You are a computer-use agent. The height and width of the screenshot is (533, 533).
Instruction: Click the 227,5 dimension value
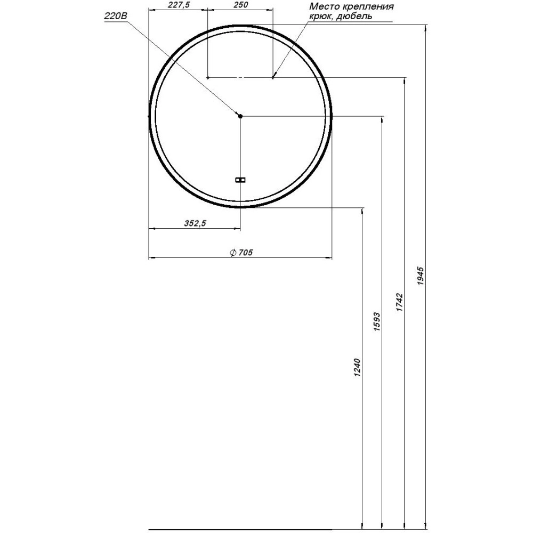pyautogui.click(x=179, y=5)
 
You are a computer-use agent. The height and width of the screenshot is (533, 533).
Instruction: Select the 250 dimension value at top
pyautogui.click(x=241, y=5)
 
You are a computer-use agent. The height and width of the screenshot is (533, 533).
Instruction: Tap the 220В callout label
pyautogui.click(x=115, y=17)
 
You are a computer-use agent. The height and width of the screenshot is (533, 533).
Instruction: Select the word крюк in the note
pyautogui.click(x=320, y=17)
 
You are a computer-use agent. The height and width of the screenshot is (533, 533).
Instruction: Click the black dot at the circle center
pyautogui.click(x=240, y=116)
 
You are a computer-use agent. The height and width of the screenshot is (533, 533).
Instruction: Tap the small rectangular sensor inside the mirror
pyautogui.click(x=240, y=180)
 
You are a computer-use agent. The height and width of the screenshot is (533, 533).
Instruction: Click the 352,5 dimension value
pyautogui.click(x=195, y=223)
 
